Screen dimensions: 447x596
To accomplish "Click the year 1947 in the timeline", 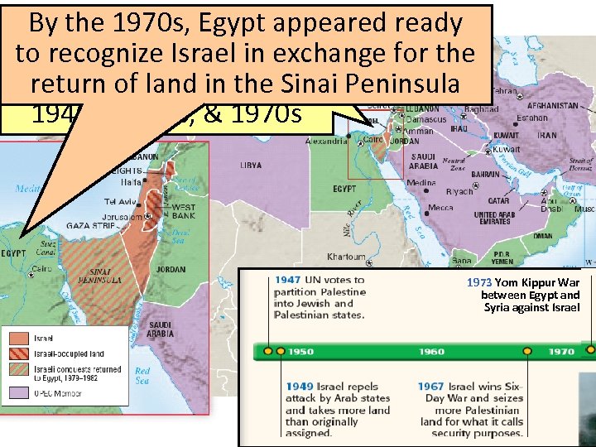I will tap(288, 281).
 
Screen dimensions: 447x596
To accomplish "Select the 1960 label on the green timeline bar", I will tap(430, 351).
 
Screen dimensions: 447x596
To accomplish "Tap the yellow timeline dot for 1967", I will tap(527, 350).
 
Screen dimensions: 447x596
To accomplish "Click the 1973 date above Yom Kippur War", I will tap(479, 282).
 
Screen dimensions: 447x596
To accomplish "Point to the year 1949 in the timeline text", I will tap(300, 387).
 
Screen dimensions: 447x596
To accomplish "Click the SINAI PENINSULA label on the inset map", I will tap(105, 276).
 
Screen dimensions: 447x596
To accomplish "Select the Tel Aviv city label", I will tap(121, 201).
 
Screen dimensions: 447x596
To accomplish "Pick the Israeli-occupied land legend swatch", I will tap(19, 353).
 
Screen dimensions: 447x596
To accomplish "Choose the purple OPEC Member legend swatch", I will tap(19, 392).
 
